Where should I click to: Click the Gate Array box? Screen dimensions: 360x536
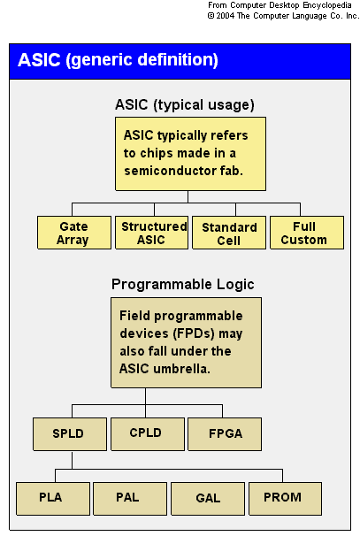point(74,233)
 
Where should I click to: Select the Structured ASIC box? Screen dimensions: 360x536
point(152,233)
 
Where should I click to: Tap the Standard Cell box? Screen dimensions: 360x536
point(229,233)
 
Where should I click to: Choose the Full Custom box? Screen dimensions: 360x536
point(307,233)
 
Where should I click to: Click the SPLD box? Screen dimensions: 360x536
point(70,433)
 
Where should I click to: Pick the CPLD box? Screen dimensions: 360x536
point(148,433)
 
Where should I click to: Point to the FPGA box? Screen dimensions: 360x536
point(225,433)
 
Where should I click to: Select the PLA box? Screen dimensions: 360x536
point(53,499)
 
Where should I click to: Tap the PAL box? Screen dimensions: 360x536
point(130,499)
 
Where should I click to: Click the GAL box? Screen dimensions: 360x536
point(208,499)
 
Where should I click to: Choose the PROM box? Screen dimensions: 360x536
point(285,499)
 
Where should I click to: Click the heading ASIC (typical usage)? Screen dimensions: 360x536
point(185,105)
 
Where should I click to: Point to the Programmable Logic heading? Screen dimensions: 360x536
point(183,285)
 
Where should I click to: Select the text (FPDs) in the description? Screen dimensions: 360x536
point(195,333)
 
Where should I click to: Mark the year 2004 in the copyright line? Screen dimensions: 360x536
point(225,16)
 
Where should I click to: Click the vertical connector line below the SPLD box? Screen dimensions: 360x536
point(73,460)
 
